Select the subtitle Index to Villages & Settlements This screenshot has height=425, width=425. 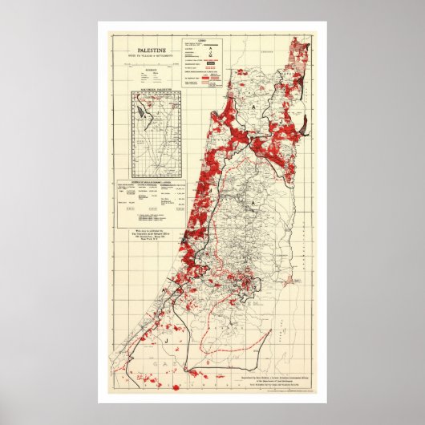(144, 57)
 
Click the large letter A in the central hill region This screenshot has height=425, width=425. (275, 204)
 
